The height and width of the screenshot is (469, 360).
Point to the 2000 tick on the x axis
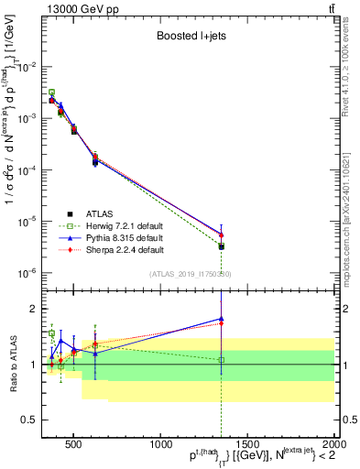(x=333, y=438)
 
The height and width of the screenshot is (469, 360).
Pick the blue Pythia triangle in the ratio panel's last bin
(x=221, y=319)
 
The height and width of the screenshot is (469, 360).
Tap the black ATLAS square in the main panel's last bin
(x=221, y=246)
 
